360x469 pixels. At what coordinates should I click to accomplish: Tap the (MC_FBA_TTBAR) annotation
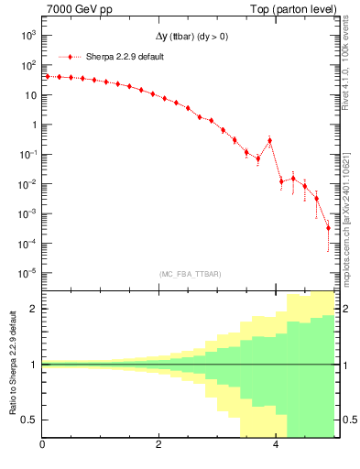(x=190, y=274)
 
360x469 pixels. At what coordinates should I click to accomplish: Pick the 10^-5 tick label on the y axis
(x=28, y=273)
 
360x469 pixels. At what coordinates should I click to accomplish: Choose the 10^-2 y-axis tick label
(x=28, y=184)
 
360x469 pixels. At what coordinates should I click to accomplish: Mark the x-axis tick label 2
(x=159, y=446)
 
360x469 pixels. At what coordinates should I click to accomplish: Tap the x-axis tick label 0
(x=43, y=446)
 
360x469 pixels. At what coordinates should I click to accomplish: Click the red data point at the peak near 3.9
(x=269, y=140)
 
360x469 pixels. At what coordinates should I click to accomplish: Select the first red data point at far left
(x=48, y=76)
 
